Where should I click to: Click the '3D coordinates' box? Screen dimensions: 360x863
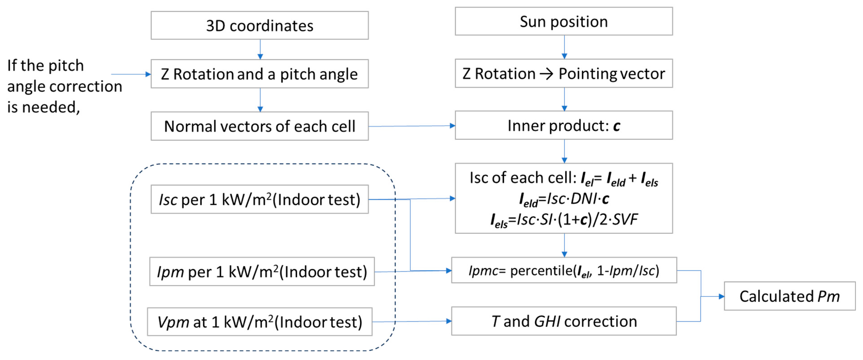259,25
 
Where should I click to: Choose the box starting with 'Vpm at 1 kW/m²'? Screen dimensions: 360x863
259,322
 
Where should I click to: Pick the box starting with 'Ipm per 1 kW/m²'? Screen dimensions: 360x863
262,272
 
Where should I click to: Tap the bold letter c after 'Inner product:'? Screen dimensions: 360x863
616,126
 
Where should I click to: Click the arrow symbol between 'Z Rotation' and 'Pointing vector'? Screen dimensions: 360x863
546,74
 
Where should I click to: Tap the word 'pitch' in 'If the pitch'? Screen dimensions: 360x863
66,66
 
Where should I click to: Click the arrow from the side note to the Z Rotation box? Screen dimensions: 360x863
131,74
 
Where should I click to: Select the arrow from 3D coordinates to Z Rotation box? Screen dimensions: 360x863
260,49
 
